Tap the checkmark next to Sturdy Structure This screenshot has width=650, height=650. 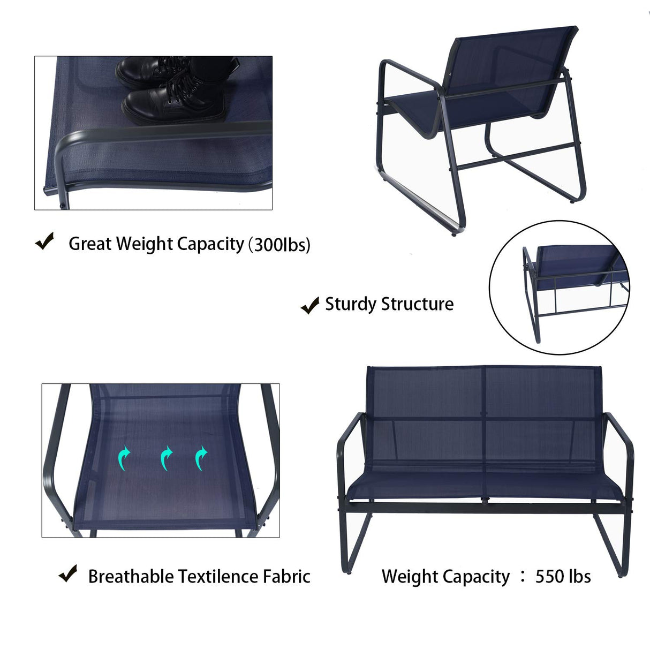coord(309,306)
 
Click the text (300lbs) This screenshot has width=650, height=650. coord(279,245)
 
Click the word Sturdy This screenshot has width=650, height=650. coord(350,304)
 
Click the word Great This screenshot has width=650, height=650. coord(90,244)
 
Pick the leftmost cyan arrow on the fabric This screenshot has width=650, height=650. coord(124,458)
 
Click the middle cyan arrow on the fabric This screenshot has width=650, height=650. coord(167,458)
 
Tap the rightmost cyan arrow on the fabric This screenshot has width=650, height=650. coord(201,458)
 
